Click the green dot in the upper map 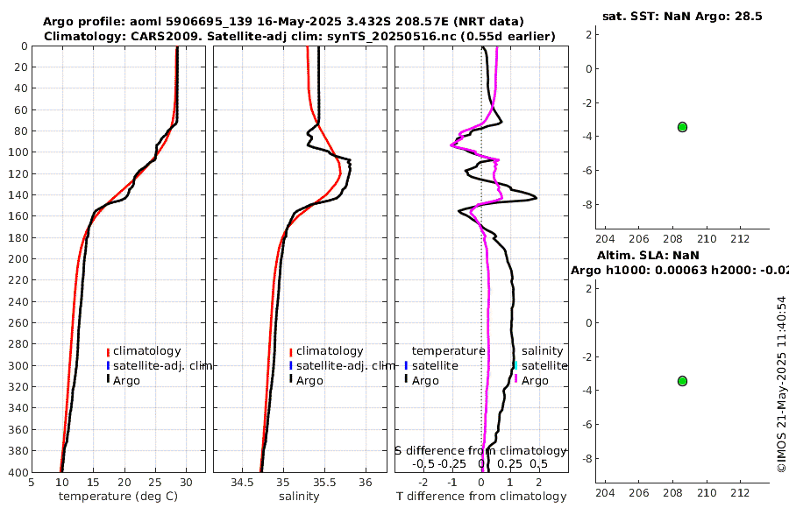tap(682, 127)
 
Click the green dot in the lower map tap(682, 381)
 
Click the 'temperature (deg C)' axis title tap(118, 497)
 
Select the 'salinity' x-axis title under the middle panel tap(299, 497)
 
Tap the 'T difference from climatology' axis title tap(481, 497)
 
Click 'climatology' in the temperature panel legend tap(146, 351)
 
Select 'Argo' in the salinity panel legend tap(309, 380)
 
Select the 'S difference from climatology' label tap(480, 450)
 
